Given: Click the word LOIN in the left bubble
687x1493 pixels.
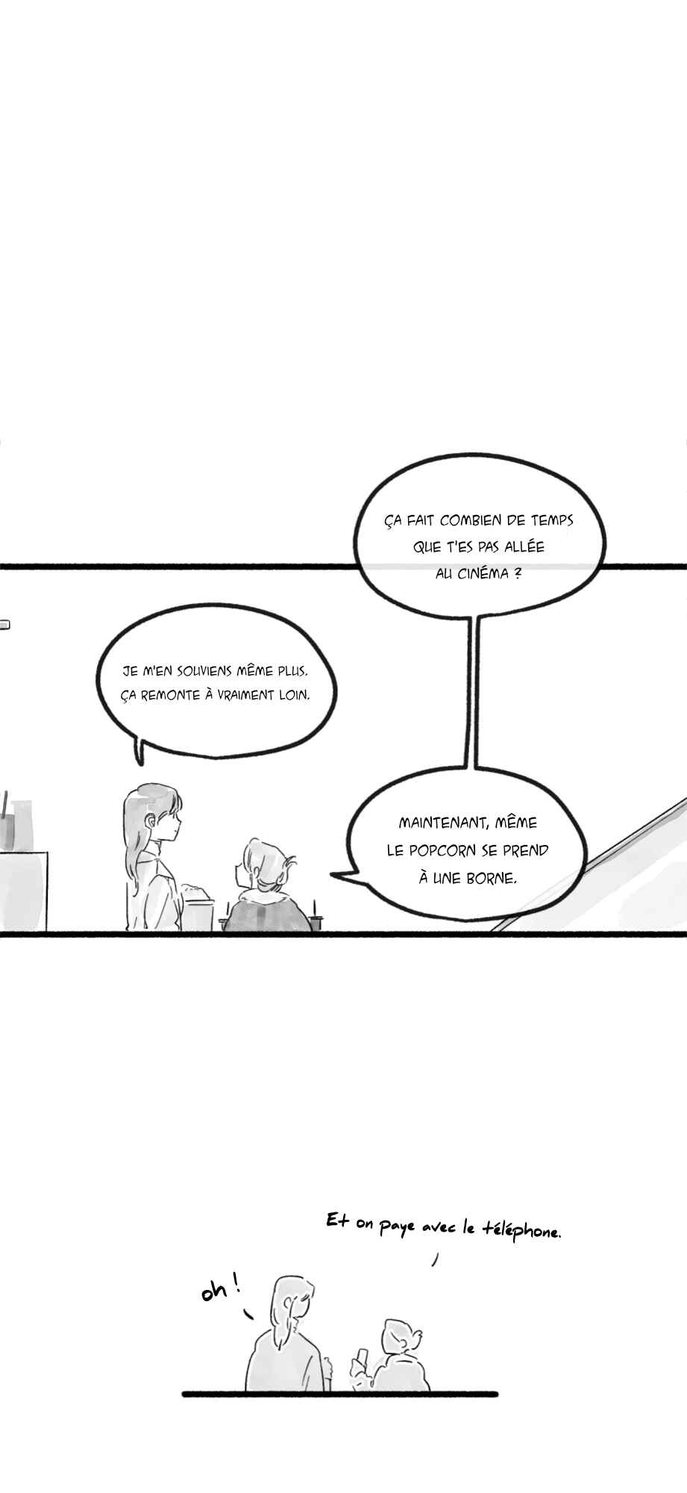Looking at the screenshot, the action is point(298,695).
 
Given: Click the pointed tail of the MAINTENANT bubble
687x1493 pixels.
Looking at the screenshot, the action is point(333,873).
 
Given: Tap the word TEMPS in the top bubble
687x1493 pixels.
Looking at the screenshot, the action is point(553,520).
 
